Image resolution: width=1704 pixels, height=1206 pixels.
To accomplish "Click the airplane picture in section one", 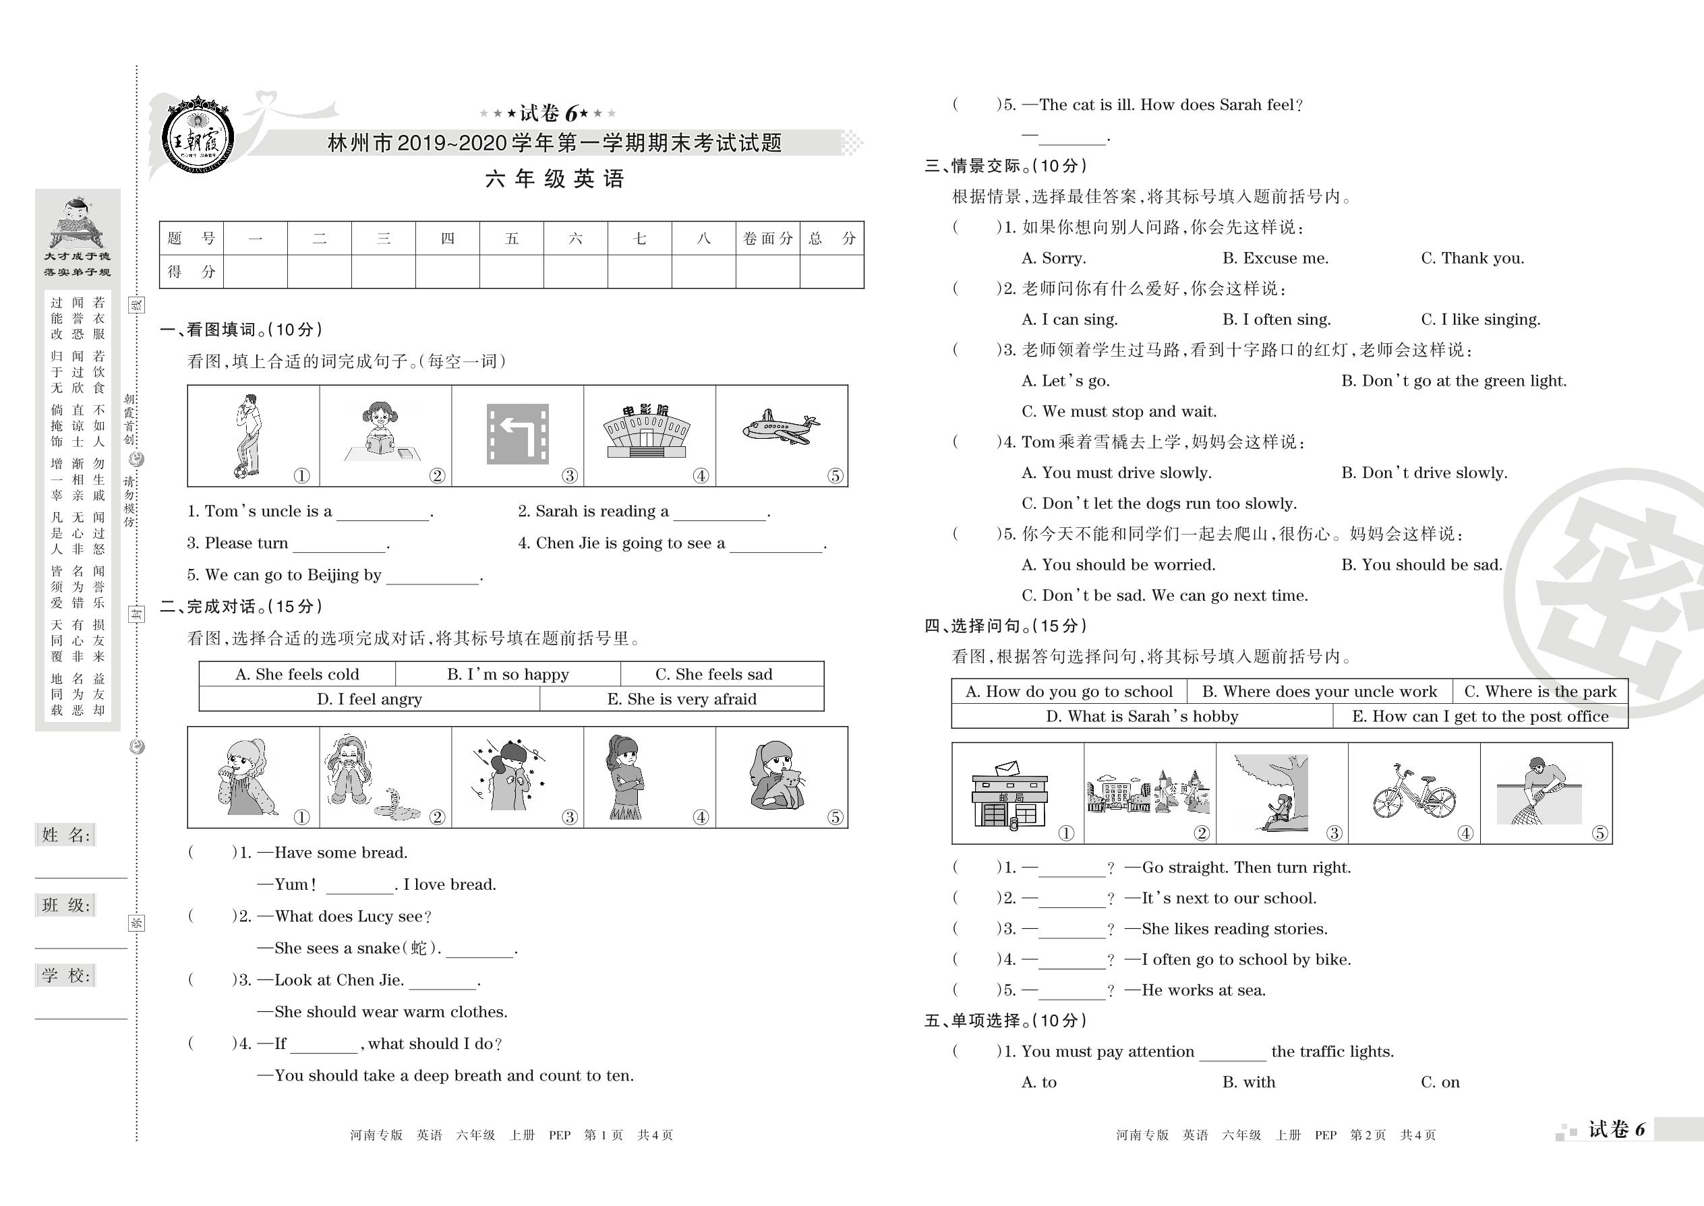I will click(x=780, y=429).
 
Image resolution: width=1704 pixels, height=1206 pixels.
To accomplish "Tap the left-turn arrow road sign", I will click(x=517, y=433).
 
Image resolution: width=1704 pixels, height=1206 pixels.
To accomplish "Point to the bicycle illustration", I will click(x=1413, y=792).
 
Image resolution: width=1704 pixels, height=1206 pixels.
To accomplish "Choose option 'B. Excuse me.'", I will click(x=1275, y=258).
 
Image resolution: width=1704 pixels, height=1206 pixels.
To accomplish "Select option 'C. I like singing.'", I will click(x=1480, y=320).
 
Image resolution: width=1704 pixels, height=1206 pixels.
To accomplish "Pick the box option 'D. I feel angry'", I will click(x=369, y=699).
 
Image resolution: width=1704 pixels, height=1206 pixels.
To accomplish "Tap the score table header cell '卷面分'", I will click(x=767, y=239).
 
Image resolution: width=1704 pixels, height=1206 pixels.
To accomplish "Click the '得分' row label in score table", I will click(x=191, y=272).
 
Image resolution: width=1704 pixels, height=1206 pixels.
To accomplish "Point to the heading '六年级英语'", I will click(x=554, y=179).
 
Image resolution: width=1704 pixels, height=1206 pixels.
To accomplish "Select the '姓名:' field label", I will click(x=66, y=835).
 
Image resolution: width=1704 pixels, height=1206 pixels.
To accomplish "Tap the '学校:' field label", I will click(x=66, y=976).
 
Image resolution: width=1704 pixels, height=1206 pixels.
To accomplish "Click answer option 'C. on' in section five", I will click(x=1440, y=1082).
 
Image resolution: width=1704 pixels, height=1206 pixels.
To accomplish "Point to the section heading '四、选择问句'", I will click(x=1005, y=626).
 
